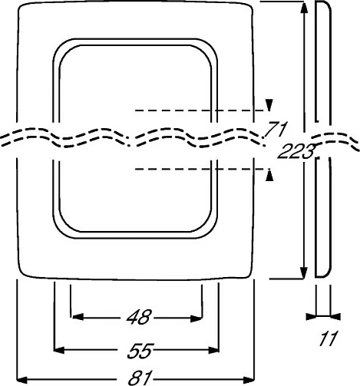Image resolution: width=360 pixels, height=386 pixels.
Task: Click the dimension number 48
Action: (139, 317)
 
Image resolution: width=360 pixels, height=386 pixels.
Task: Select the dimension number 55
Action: (140, 351)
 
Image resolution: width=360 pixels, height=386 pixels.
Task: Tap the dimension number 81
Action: (140, 378)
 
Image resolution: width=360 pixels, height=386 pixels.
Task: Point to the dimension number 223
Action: (296, 151)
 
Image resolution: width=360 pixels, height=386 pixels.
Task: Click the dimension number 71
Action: (276, 130)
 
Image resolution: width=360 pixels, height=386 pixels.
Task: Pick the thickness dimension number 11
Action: (329, 338)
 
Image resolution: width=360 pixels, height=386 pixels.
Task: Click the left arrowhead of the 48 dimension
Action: (78, 317)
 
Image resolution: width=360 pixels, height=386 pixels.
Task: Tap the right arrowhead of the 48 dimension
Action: (197, 318)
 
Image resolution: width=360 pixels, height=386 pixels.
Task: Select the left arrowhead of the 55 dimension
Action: (59, 350)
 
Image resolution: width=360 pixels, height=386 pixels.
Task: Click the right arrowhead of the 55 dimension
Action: (213, 350)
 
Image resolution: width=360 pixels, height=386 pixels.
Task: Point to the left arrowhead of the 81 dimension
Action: (22, 379)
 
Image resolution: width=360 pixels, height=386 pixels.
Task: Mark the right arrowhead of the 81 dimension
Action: (249, 380)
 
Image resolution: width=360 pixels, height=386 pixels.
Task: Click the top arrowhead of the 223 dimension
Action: (304, 8)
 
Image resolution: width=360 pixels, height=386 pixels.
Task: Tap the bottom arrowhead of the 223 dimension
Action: (303, 272)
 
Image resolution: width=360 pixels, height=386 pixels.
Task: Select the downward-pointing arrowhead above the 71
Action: (269, 105)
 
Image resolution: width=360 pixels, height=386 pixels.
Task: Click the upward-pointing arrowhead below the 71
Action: (269, 175)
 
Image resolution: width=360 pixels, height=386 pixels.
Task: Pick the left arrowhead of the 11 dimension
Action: (311, 317)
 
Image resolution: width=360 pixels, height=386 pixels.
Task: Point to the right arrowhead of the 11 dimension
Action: (335, 317)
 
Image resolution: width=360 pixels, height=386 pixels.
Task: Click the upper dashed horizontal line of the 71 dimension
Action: (200, 111)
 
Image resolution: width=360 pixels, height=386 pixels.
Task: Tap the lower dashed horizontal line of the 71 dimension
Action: (200, 169)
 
